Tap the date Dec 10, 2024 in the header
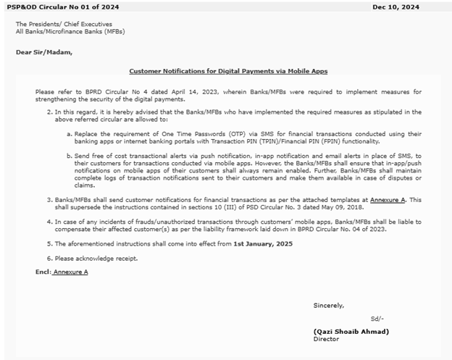396,7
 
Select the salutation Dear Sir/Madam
44,52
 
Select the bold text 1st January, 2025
264,244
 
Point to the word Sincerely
329,305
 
